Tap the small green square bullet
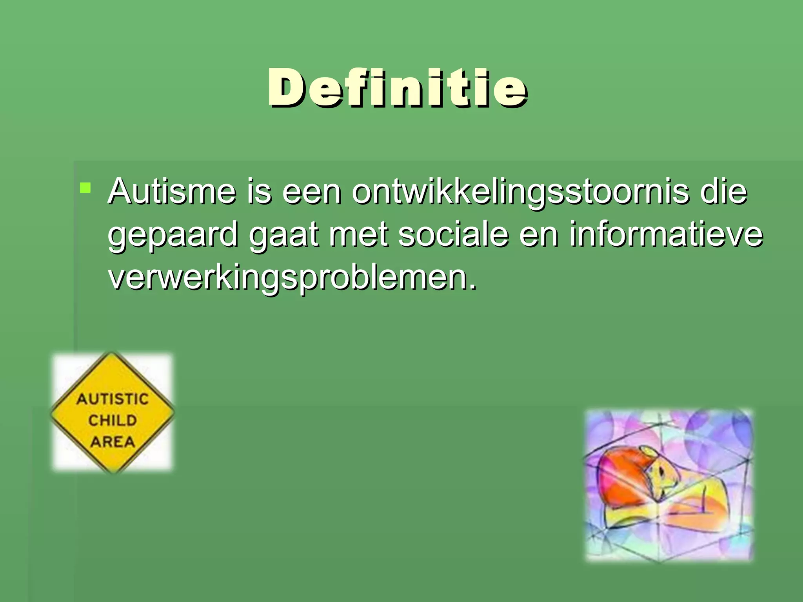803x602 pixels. (85, 188)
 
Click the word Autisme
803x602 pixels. (172, 192)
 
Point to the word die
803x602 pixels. (723, 192)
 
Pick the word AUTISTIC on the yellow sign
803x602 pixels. (113, 399)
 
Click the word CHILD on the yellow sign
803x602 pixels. (113, 421)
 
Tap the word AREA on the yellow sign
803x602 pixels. (113, 442)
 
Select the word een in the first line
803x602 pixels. (312, 192)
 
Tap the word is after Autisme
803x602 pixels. (259, 192)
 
